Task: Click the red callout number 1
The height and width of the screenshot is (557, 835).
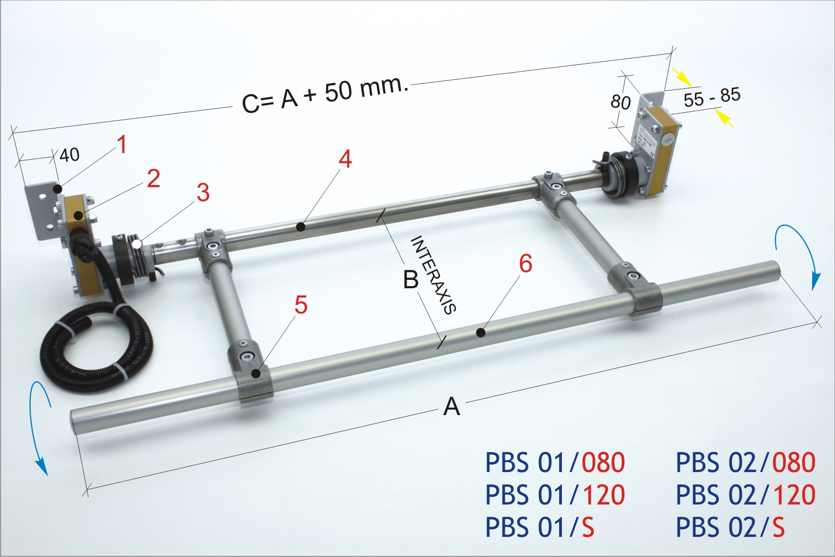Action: (122, 145)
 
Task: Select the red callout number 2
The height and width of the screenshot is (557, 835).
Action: (154, 179)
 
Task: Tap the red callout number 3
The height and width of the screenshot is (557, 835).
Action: (203, 193)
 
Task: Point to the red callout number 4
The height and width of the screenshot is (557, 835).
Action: (345, 159)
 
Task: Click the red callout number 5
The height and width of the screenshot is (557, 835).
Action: (301, 305)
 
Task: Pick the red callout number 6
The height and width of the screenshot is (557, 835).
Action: (526, 264)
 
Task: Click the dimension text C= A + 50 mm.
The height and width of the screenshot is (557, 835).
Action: (326, 93)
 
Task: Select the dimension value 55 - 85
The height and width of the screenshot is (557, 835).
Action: (712, 98)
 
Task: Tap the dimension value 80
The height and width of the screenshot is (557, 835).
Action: (620, 102)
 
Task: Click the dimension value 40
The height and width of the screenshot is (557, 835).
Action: (70, 155)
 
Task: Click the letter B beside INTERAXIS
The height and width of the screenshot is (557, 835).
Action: (411, 279)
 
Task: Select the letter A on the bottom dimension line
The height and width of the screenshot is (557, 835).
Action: (451, 407)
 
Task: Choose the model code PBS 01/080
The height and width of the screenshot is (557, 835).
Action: (555, 463)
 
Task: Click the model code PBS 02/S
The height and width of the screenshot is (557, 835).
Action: (730, 527)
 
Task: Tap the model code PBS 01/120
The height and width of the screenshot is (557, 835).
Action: (555, 495)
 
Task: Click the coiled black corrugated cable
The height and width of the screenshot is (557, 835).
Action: (95, 349)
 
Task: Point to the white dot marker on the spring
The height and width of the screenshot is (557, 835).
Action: (137, 244)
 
